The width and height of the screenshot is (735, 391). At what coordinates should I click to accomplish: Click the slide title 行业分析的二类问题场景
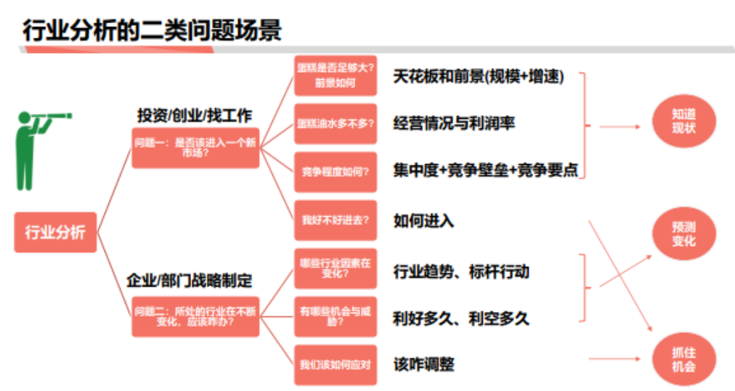coord(153,30)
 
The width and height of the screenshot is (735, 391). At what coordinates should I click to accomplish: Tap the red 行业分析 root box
coord(55,232)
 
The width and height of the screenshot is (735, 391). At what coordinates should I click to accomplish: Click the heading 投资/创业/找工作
coord(195,115)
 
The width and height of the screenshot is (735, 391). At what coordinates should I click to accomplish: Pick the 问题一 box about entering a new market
coord(195,147)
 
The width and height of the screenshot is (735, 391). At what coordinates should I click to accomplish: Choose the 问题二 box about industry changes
coord(195,316)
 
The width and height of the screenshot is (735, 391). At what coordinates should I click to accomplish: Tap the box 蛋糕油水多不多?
coord(336,123)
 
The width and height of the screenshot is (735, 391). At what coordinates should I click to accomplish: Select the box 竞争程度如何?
coord(336,172)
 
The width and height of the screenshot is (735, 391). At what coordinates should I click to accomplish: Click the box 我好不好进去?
coord(336,221)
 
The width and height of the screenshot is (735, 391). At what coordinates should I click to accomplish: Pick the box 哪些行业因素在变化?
coord(336,268)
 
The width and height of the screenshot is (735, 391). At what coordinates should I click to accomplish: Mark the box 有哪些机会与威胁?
coord(336,316)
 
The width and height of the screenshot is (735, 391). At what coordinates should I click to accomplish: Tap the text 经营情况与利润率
coord(454,123)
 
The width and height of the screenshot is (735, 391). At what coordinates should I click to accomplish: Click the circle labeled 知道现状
coord(683,121)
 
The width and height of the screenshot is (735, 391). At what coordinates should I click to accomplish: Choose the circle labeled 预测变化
coord(683,234)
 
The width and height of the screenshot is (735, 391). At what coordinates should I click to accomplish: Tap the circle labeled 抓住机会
coord(683,359)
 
